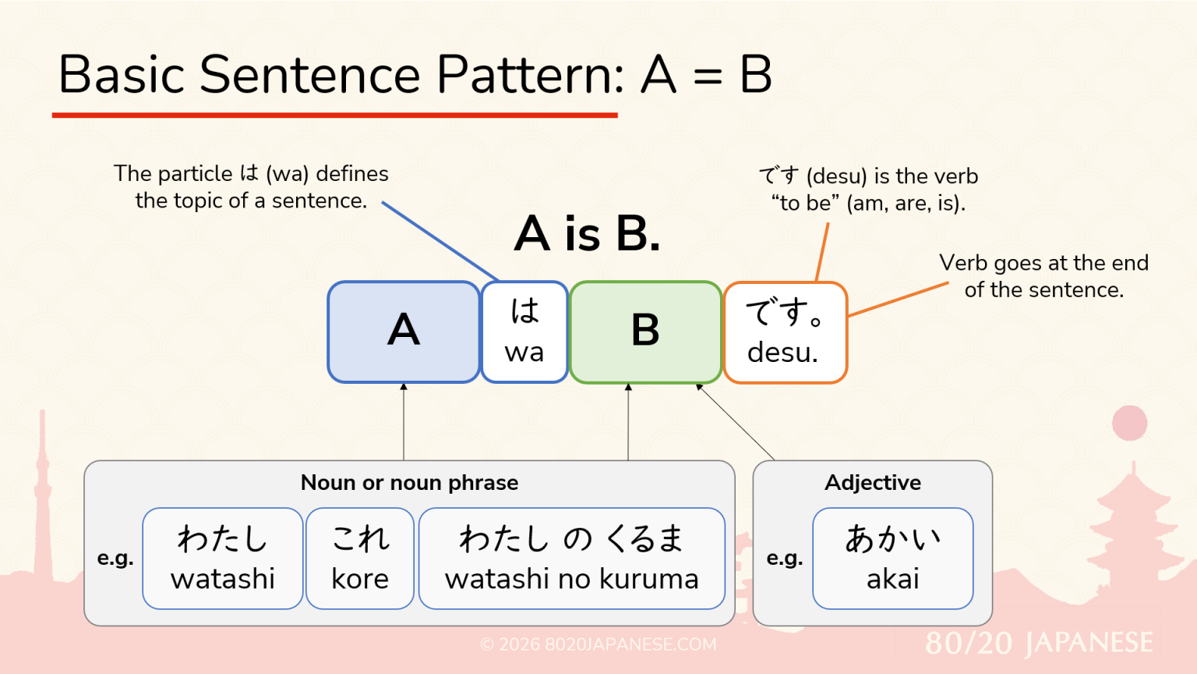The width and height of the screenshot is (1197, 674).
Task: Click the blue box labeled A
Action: pyautogui.click(x=404, y=332)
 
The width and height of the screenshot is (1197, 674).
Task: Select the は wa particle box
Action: pyautogui.click(x=524, y=332)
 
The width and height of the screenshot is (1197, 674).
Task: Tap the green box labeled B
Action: pyautogui.click(x=645, y=332)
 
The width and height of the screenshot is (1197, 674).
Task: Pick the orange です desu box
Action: pyautogui.click(x=785, y=332)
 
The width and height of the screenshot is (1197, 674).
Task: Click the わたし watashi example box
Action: pyautogui.click(x=223, y=558)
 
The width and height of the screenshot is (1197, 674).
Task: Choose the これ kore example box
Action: pyautogui.click(x=360, y=558)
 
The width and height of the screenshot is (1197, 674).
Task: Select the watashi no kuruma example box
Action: pyautogui.click(x=571, y=558)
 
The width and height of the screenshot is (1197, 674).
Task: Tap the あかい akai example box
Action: pyautogui.click(x=893, y=558)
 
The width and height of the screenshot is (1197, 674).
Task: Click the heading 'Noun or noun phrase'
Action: pyautogui.click(x=409, y=483)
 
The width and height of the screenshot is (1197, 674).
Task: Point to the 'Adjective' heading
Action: pyautogui.click(x=873, y=483)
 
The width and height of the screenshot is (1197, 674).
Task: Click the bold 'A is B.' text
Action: pyautogui.click(x=588, y=233)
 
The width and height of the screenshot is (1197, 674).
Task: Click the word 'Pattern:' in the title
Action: pyautogui.click(x=530, y=75)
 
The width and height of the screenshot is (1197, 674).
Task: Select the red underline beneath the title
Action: pyautogui.click(x=335, y=115)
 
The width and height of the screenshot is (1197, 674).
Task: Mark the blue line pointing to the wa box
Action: pyautogui.click(x=440, y=241)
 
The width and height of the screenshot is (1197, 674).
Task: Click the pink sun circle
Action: pyautogui.click(x=1129, y=423)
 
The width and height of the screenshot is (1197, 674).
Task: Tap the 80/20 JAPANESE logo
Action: pyautogui.click(x=1039, y=643)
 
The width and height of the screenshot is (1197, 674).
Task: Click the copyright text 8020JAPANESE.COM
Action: pyautogui.click(x=598, y=644)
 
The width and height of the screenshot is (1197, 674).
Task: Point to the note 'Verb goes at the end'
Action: pyautogui.click(x=1043, y=263)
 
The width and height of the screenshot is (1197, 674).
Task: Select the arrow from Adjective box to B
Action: pyautogui.click(x=736, y=422)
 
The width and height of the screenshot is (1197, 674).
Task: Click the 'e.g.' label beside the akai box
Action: pyautogui.click(x=785, y=558)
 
